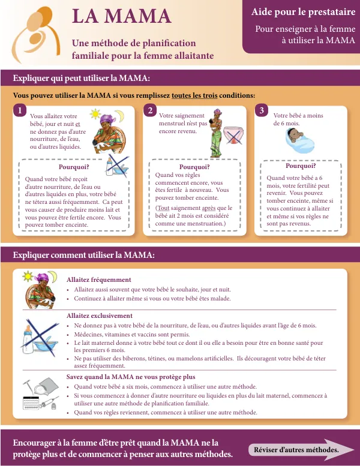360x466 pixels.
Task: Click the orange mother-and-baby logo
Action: [35, 34]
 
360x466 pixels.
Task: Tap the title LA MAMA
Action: [121, 16]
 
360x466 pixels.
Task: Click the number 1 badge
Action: [20, 110]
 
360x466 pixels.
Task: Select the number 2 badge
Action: [150, 110]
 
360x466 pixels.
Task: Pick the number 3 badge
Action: [262, 110]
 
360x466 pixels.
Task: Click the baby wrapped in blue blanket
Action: [299, 140]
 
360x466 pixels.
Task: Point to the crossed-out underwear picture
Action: [233, 136]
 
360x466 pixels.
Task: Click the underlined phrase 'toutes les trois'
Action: [194, 96]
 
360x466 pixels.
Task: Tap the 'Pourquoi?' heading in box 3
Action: [301, 166]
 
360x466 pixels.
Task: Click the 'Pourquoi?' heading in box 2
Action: [194, 167]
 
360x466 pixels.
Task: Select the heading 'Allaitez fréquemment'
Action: [98, 279]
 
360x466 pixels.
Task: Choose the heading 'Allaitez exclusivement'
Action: [100, 315]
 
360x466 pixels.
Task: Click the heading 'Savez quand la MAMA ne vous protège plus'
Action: [131, 377]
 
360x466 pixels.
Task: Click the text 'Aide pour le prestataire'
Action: [303, 12]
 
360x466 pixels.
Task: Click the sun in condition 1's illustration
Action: [95, 114]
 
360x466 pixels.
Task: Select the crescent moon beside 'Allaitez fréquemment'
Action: [53, 276]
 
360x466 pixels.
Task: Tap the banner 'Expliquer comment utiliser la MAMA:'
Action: [83, 255]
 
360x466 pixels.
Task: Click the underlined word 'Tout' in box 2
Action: [163, 208]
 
